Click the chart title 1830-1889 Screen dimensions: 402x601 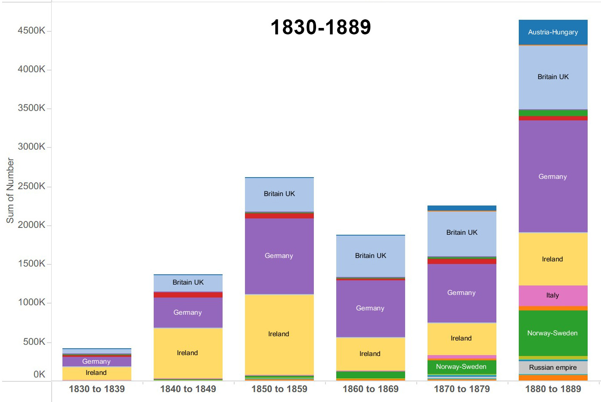click(x=321, y=27)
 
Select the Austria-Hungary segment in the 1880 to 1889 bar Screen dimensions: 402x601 click(x=553, y=32)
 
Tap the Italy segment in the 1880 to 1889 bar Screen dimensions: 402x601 click(x=553, y=295)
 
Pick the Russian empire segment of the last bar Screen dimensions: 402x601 click(x=553, y=368)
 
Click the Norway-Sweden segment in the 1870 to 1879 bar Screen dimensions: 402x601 click(x=462, y=367)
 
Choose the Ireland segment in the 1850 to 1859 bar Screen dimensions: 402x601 click(x=279, y=334)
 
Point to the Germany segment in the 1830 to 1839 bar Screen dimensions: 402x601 click(x=96, y=362)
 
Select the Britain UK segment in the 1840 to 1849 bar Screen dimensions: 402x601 click(x=188, y=282)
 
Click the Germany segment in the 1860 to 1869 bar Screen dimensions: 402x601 click(x=370, y=308)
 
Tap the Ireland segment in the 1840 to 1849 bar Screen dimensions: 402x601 click(x=188, y=353)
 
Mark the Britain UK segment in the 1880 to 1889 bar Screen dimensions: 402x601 click(x=553, y=77)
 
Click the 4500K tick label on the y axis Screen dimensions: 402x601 click(x=31, y=31)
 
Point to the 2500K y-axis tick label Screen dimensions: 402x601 click(x=31, y=186)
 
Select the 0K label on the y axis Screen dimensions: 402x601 click(x=39, y=374)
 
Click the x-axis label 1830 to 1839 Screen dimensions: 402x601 click(x=97, y=389)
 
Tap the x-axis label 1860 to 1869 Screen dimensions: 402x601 click(x=371, y=389)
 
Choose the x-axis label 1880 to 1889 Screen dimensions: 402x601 click(x=553, y=389)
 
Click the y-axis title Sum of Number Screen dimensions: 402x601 click(x=10, y=190)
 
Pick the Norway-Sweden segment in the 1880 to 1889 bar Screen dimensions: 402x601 click(x=553, y=333)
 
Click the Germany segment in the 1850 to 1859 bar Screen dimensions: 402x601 click(x=279, y=256)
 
